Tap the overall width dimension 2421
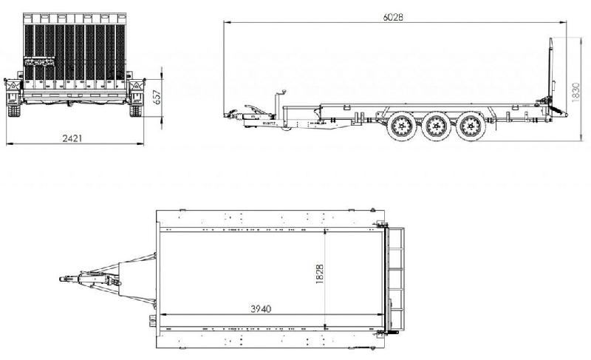click(72, 138)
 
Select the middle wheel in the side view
click(434, 128)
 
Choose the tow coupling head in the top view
click(64, 279)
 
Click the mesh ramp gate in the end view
click(72, 52)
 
